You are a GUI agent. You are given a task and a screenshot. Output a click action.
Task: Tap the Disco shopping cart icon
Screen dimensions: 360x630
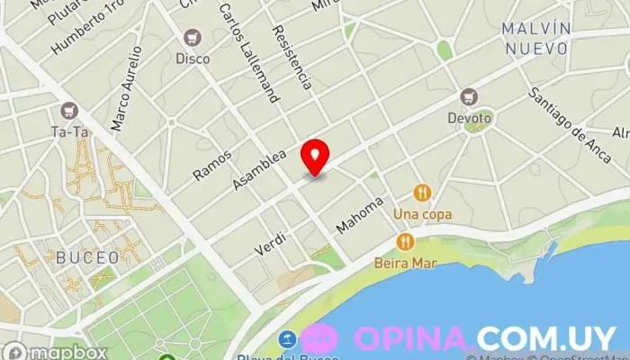pos(192,39)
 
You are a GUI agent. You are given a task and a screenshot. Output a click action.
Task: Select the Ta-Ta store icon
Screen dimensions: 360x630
pos(68,111)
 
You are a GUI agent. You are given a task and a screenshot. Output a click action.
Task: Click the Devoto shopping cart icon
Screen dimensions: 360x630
pos(468,96)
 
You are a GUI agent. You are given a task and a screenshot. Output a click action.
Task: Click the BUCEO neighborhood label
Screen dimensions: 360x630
pos(87,257)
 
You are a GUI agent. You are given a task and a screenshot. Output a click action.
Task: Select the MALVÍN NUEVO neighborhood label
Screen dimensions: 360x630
pos(538,39)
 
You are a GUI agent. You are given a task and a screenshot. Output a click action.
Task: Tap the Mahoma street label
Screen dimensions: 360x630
pos(360,215)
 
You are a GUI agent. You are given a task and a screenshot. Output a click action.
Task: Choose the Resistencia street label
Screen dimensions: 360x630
pos(292,56)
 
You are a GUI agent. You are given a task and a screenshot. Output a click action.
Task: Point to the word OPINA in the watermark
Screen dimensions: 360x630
pos(413,337)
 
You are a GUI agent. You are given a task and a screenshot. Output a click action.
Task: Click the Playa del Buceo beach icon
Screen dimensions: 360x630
pos(287,340)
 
